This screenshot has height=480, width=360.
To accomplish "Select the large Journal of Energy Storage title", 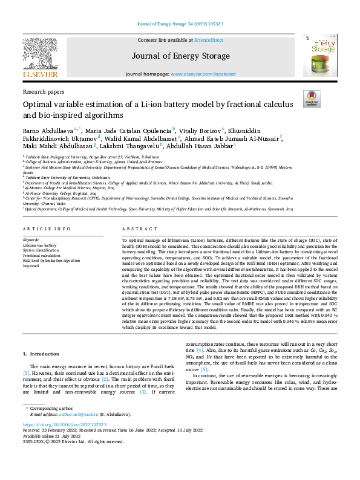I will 180,56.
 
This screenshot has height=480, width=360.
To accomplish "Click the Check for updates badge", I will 312,99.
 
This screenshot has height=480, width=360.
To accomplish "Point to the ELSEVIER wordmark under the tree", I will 41,75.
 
